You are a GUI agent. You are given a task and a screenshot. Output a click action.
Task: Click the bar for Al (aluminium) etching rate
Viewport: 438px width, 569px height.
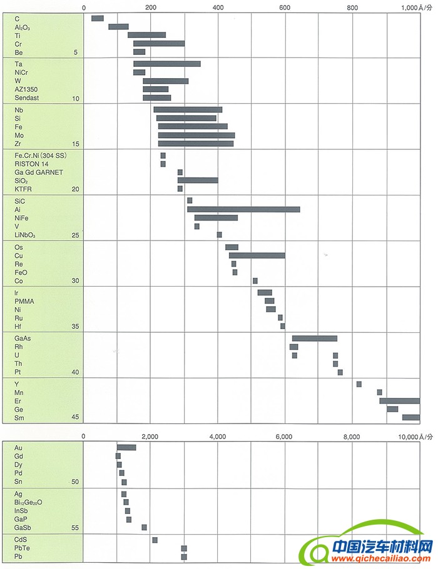[x=243, y=209]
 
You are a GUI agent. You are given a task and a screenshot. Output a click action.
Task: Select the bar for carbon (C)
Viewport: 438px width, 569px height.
[x=97, y=18]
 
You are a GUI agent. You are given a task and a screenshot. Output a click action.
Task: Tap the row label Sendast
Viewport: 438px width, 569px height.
[x=27, y=98]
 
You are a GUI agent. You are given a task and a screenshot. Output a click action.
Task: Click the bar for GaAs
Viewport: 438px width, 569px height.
[x=314, y=339]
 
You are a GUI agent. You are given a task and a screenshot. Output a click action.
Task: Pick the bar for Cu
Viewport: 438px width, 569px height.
[x=257, y=255]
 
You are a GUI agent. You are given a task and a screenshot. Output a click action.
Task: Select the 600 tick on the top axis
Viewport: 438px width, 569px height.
[x=285, y=7]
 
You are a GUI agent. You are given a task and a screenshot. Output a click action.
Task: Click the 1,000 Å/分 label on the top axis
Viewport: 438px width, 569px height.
[x=417, y=7]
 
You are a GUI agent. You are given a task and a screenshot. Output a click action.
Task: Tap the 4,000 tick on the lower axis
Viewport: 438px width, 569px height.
[x=218, y=437]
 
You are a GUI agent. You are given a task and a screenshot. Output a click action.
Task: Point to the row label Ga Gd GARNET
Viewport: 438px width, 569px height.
[x=39, y=172]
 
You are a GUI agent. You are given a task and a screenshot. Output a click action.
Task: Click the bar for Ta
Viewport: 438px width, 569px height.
[x=166, y=64]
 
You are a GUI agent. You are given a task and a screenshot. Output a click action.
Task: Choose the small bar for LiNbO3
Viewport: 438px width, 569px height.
[x=219, y=235]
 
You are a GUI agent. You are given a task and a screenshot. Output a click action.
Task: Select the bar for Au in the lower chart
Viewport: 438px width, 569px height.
[x=126, y=447]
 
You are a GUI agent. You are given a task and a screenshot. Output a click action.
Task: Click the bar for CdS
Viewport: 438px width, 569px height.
[x=155, y=540]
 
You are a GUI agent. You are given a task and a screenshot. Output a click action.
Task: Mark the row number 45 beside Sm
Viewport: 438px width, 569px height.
[x=75, y=418]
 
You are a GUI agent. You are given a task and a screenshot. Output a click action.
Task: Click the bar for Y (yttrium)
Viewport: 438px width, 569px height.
[x=359, y=384]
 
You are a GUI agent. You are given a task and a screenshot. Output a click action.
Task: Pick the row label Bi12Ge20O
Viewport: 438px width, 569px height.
[x=37, y=502]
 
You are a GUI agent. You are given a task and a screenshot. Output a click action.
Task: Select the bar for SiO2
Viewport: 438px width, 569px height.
[x=198, y=181]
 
